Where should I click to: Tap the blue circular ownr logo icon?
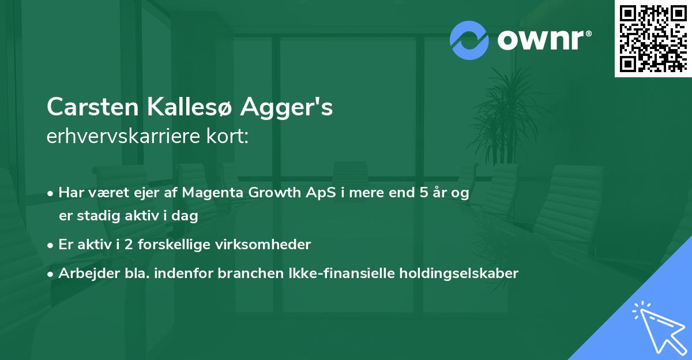click(469, 40)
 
